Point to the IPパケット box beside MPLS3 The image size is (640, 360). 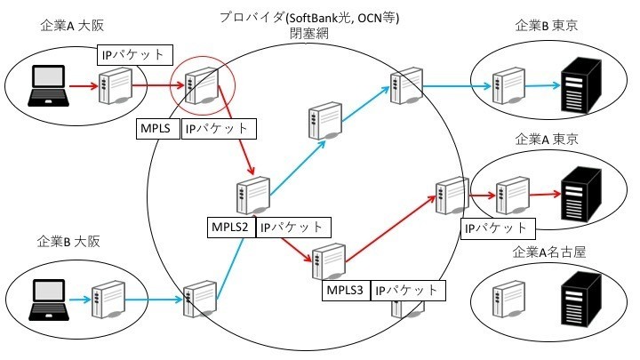[x=406, y=291]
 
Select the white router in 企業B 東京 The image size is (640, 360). [x=509, y=84]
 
